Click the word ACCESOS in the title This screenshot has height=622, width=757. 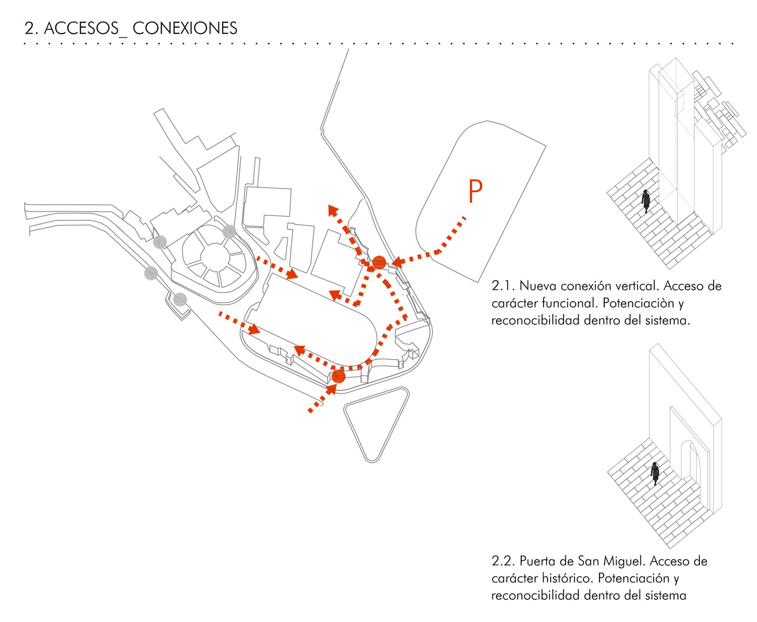(x=81, y=28)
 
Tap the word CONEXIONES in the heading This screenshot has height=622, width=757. (x=185, y=28)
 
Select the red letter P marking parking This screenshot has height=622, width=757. (x=475, y=191)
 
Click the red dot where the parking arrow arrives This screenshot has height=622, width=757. (x=379, y=263)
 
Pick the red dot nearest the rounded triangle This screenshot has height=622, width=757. (x=339, y=377)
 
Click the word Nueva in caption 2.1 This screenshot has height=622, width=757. (x=537, y=286)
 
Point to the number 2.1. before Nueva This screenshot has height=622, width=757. (x=503, y=286)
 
